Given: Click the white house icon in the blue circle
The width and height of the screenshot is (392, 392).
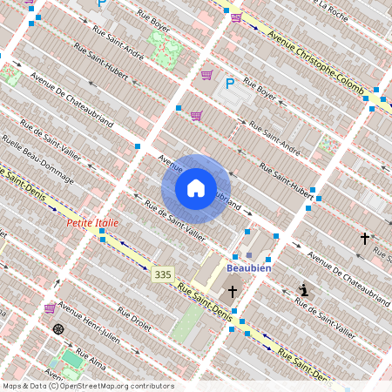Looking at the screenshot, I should point(196,188).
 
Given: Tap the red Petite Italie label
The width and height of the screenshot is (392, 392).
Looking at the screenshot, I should point(93,223).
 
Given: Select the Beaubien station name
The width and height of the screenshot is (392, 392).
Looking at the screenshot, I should point(249,267).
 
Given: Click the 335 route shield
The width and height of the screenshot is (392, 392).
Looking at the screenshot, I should point(162,274).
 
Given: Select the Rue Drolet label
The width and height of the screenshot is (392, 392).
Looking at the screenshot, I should point(134,321).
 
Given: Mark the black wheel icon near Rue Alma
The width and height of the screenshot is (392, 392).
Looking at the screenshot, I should point(58,328).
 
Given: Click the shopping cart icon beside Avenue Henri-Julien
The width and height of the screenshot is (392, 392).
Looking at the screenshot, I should point(50,308).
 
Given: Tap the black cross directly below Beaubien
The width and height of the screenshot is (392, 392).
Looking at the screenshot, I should point(233,291).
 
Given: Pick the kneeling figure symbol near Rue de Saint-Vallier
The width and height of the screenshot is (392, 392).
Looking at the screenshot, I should point(303,290).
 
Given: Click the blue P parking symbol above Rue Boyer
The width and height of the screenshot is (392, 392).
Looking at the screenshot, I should point(230,84).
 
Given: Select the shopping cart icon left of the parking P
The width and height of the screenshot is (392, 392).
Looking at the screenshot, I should point(206,75).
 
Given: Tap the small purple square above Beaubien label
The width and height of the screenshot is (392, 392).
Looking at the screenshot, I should point(249,255).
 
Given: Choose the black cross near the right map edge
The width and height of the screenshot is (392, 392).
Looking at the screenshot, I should point(365,237).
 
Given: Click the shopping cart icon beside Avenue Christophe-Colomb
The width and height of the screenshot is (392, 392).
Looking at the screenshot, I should point(237,17).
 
